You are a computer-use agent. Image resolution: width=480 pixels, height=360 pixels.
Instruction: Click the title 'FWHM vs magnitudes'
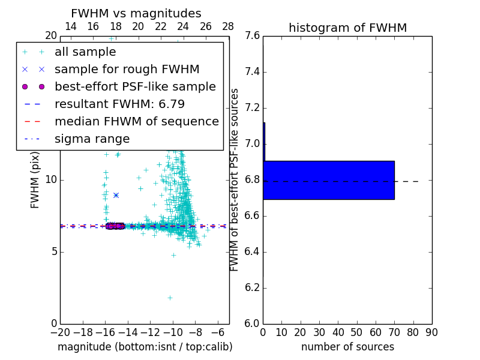[x=136, y=14]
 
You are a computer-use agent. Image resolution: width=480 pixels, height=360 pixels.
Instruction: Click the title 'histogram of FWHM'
[x=347, y=28]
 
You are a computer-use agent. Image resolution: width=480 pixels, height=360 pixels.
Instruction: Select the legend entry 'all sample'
[x=85, y=52]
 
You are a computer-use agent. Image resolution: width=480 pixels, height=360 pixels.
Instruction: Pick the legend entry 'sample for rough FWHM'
[x=127, y=70]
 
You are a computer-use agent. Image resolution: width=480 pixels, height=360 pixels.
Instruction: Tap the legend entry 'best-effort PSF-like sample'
[x=135, y=87]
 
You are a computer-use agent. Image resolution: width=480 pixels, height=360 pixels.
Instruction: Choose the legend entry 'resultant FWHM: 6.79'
[x=119, y=104]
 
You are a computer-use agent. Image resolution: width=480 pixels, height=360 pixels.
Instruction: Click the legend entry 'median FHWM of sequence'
[x=136, y=122]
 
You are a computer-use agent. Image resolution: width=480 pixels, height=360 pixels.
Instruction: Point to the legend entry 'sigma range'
[x=92, y=139]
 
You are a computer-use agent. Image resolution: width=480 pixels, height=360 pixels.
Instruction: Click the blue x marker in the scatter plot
[x=116, y=195]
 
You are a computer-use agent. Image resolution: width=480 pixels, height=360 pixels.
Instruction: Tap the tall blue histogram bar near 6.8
[x=329, y=180]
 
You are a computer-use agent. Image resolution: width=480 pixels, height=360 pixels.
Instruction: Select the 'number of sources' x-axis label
[x=347, y=347]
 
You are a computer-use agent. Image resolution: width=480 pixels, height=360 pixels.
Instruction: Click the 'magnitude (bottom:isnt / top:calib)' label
[x=145, y=347]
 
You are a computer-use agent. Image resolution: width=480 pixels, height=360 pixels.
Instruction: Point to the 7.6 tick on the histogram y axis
[x=252, y=36]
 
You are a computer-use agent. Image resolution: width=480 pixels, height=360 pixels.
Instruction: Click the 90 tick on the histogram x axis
[x=431, y=332]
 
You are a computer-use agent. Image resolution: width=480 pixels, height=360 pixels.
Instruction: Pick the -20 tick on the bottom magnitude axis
[x=60, y=332]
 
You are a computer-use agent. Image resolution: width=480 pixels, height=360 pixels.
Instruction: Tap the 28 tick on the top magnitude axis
[x=229, y=26]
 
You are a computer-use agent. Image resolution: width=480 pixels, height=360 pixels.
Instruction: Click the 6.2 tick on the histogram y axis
[x=252, y=287]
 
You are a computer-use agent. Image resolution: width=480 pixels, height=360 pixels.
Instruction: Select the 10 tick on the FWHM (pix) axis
[x=51, y=180]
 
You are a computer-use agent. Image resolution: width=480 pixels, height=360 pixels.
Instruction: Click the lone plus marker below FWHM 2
[x=170, y=298]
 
